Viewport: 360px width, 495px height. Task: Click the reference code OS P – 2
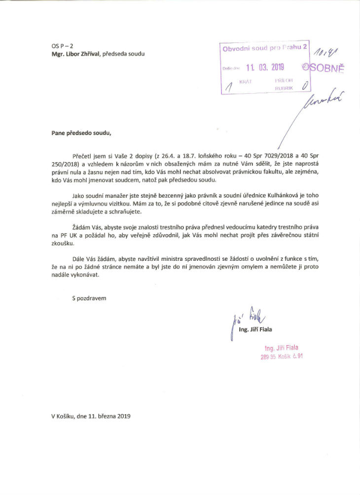point(62,46)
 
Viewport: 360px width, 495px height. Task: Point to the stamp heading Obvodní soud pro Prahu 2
point(265,48)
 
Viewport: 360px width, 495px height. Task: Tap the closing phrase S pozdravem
point(89,299)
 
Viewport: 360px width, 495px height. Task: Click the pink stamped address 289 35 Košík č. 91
point(282,357)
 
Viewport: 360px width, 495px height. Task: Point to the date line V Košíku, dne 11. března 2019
point(91,416)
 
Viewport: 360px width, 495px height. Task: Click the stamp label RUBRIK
point(284,87)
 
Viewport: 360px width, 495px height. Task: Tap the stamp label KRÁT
point(245,80)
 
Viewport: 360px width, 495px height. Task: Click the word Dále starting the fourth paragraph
point(78,258)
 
